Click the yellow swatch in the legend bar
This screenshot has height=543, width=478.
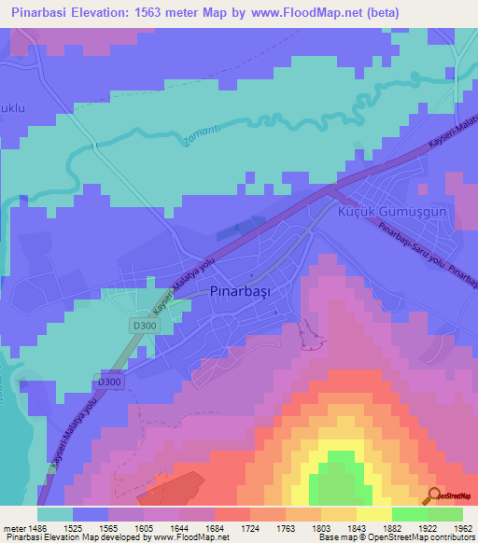(373, 514)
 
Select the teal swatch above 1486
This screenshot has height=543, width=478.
(55, 514)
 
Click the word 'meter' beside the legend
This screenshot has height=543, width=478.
(13, 528)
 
